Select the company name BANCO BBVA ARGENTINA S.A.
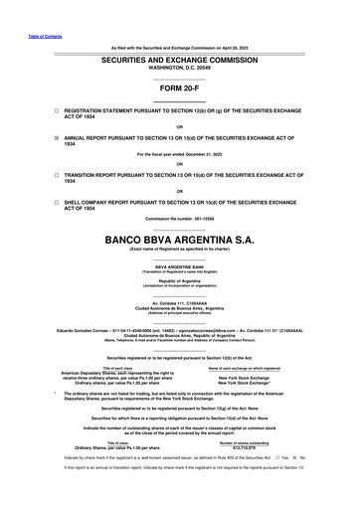[180, 240]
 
